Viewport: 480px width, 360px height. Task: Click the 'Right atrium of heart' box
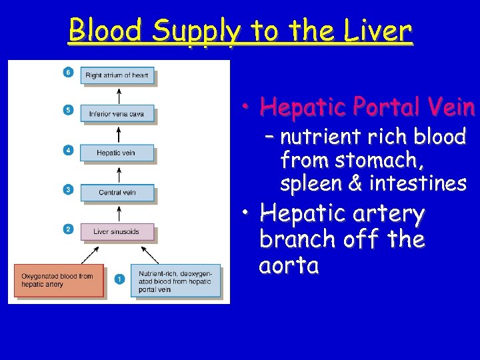pos(117,75)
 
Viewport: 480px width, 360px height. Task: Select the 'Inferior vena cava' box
pos(117,113)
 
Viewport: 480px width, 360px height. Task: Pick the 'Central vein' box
pos(117,192)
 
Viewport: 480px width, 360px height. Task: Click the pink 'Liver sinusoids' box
pos(117,231)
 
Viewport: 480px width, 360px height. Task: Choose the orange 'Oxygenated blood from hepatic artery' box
pos(59,280)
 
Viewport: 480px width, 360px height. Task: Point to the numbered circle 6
pos(68,71)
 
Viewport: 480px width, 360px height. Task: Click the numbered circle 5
pos(68,110)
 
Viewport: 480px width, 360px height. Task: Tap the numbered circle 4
pos(68,150)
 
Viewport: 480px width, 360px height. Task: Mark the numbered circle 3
pos(68,189)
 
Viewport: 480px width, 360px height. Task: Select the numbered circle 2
pos(68,229)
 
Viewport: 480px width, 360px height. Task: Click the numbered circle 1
pos(119,279)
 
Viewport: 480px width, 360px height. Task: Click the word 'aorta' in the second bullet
pos(289,265)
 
